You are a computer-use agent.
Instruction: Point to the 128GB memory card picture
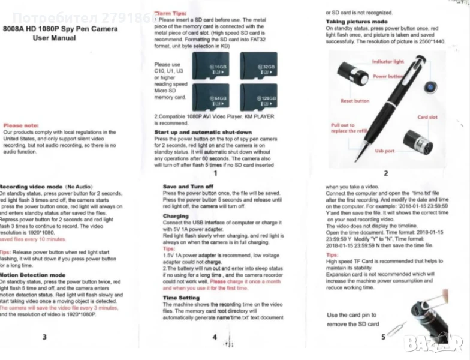258,96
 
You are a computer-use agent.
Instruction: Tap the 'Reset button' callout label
355,101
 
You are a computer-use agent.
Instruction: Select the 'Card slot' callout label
427,118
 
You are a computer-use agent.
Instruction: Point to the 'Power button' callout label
388,77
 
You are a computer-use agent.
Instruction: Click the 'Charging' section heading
176,216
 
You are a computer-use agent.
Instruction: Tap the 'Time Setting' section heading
182,298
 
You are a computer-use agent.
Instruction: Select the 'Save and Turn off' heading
188,187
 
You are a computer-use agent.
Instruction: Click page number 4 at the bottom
214,337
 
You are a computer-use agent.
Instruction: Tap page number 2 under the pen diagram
386,173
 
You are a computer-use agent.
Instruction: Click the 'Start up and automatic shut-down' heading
203,132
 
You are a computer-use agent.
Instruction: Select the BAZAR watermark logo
433,343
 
